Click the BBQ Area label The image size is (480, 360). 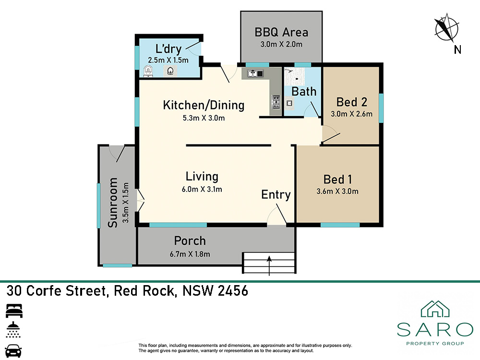(281, 32)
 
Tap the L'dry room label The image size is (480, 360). (168, 49)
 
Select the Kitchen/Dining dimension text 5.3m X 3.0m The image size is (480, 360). (204, 118)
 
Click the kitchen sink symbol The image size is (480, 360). (255, 73)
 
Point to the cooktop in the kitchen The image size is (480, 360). (276, 102)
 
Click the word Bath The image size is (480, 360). (304, 92)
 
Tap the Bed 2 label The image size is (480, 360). (352, 102)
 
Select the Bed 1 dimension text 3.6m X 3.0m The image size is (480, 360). (337, 192)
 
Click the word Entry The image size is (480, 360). (276, 195)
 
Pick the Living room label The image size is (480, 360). (202, 177)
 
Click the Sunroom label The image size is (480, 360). (113, 203)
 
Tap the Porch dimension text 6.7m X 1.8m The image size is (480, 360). (190, 254)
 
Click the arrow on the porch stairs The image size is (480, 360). (269, 266)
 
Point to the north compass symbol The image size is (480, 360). (446, 28)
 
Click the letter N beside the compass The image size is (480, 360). (457, 49)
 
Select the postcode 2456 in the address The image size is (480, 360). (233, 291)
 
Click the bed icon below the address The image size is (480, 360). (14, 311)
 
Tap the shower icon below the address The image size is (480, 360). (13, 330)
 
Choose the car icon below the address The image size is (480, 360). (13, 351)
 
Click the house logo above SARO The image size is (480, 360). (435, 309)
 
